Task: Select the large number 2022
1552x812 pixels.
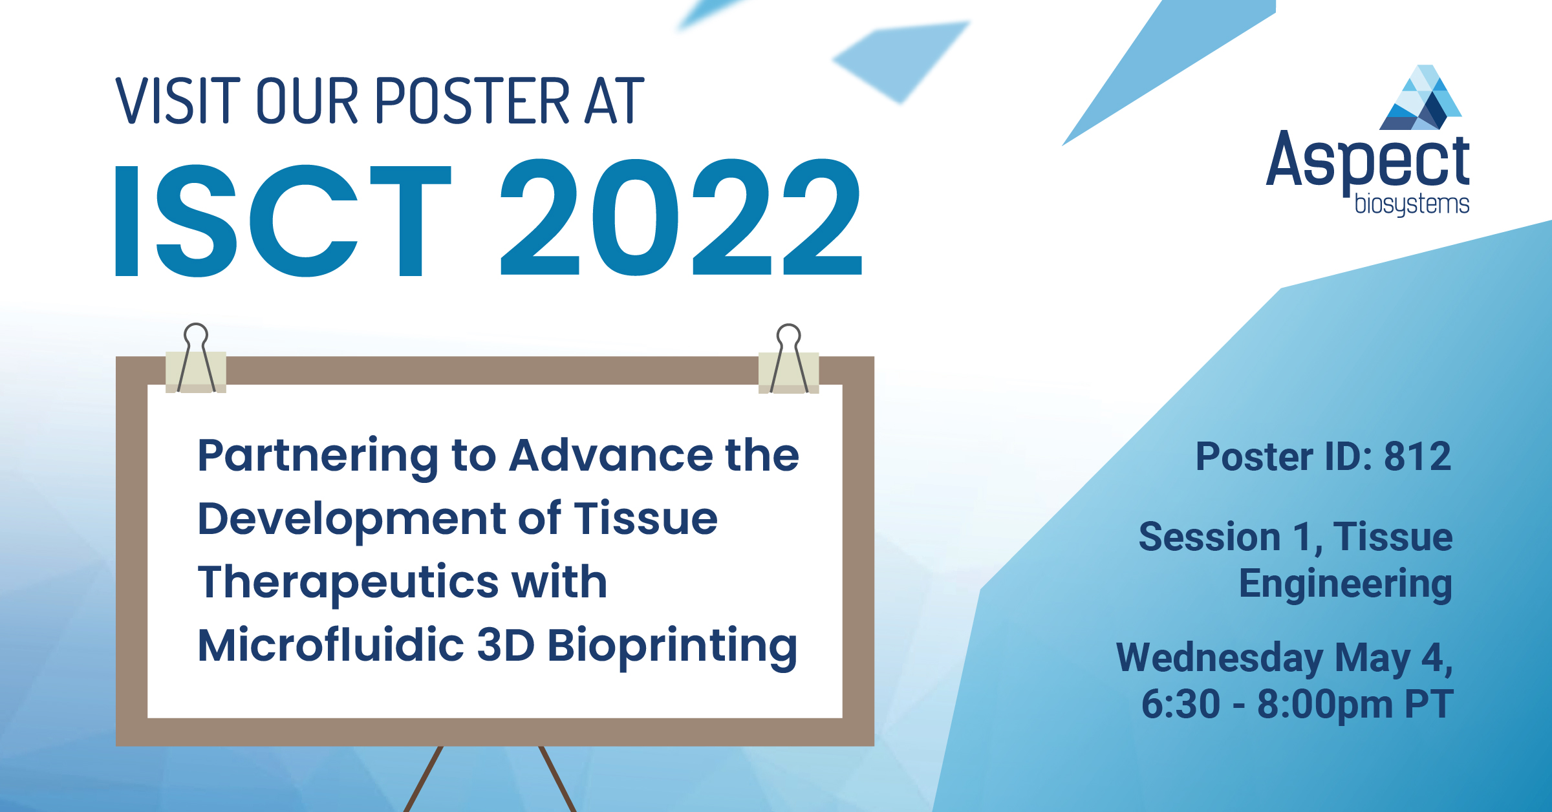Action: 681,219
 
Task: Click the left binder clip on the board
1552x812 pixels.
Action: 196,362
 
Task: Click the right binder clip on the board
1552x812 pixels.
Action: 789,362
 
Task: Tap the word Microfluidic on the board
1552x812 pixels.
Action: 330,646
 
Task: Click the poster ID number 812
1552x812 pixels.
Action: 1417,456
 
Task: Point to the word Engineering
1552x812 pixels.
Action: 1345,584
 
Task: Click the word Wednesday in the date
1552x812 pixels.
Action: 1220,658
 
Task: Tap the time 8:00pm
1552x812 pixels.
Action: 1324,704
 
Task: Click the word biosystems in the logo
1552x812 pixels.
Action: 1412,205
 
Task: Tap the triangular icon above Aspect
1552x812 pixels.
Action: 1421,98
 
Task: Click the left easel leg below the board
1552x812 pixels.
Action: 424,778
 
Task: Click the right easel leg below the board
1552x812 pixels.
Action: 557,778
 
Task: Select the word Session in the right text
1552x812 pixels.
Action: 1209,537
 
